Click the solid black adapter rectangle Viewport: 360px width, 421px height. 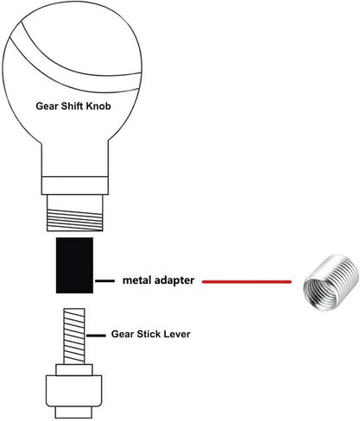pyautogui.click(x=74, y=265)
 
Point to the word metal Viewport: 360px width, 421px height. pyautogui.click(x=136, y=280)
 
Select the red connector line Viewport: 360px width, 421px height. pyautogui.click(x=247, y=282)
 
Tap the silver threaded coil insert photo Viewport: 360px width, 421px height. pyautogui.click(x=331, y=283)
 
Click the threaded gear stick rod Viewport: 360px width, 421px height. pyautogui.click(x=74, y=336)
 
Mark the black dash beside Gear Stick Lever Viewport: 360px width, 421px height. pyautogui.click(x=96, y=336)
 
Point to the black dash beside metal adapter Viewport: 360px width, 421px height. pyautogui.click(x=104, y=280)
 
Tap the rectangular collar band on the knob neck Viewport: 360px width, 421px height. pyautogui.click(x=75, y=185)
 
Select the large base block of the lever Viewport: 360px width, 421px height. pyautogui.click(x=74, y=391)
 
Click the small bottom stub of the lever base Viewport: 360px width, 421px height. pyautogui.click(x=73, y=412)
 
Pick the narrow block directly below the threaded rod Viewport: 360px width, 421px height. pyautogui.click(x=74, y=370)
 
